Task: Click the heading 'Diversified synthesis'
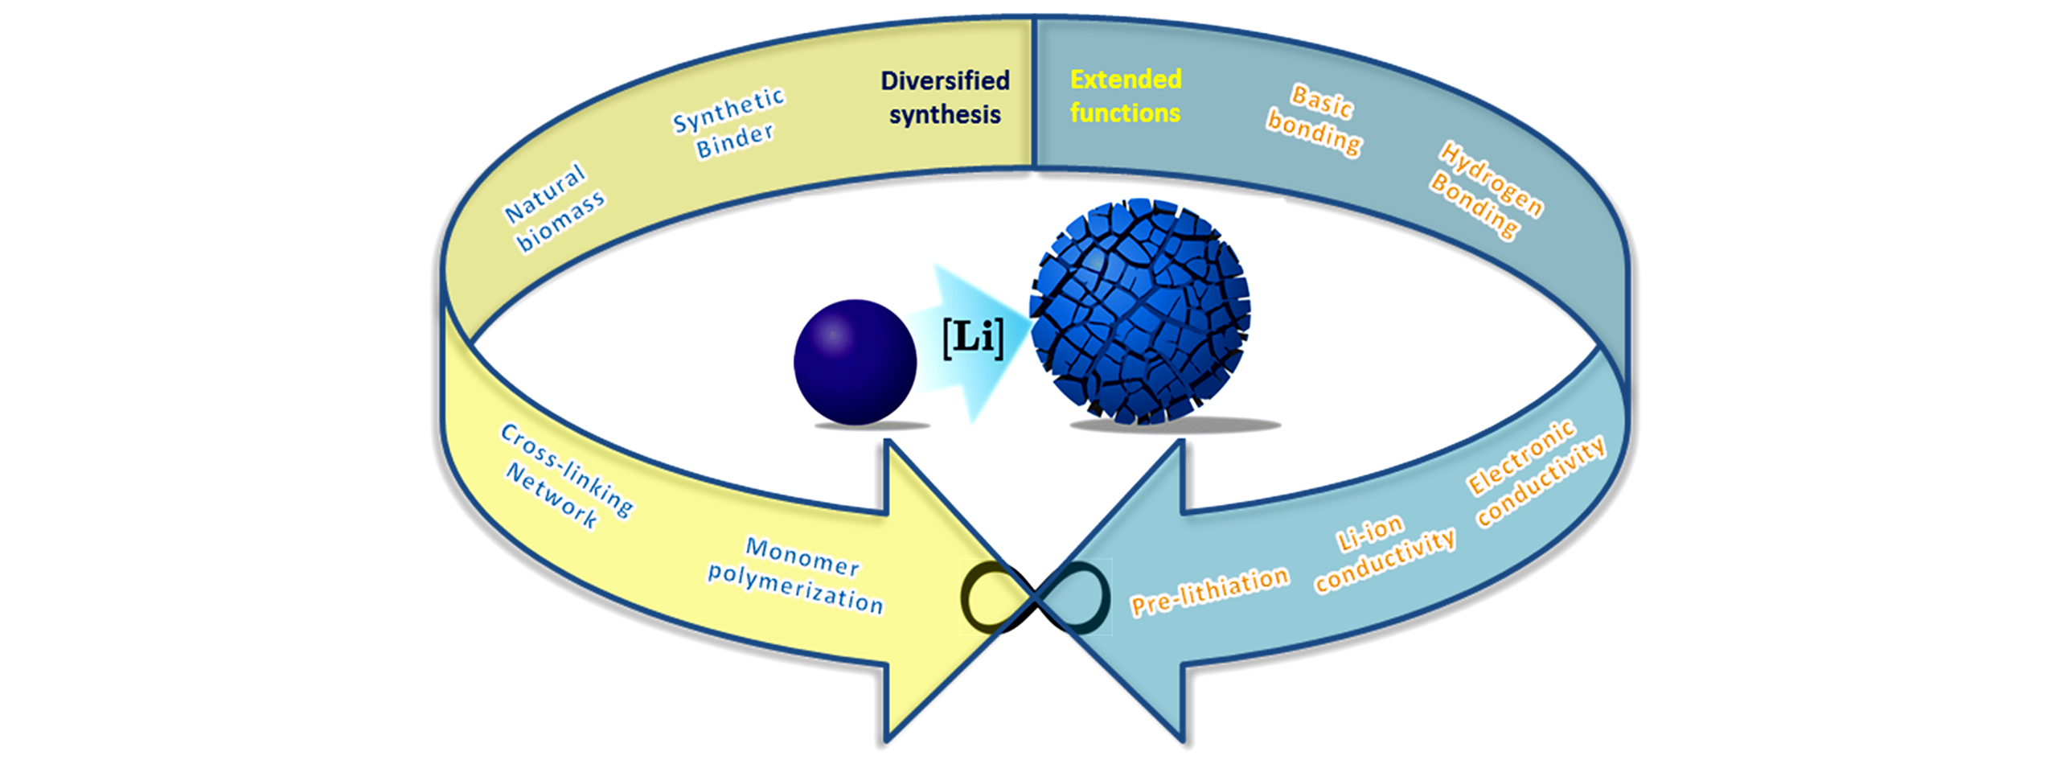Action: coord(945,97)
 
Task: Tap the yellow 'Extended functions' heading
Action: coord(1125,96)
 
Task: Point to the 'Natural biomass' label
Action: coord(554,207)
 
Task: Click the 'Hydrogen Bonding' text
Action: coord(1487,191)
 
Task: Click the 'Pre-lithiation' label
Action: coord(1209,590)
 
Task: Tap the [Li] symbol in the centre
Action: coord(973,338)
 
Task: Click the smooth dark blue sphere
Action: coord(855,362)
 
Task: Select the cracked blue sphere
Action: coord(1140,310)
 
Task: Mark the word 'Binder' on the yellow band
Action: coord(735,141)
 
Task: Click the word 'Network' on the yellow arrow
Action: coord(552,495)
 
